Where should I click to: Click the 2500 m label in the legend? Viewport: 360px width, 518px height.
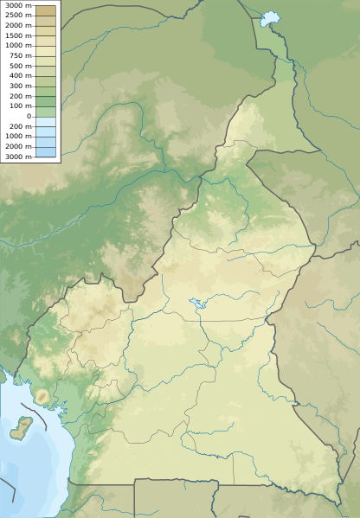(x=16, y=16)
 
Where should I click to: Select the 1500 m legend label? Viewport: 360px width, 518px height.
(x=16, y=35)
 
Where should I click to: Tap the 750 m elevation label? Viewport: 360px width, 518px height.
(x=20, y=55)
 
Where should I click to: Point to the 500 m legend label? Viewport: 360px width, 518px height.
(x=20, y=66)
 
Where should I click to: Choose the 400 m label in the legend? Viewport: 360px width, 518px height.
(x=20, y=75)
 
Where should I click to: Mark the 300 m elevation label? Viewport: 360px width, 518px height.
(x=20, y=86)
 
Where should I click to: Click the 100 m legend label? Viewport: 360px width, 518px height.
(x=20, y=106)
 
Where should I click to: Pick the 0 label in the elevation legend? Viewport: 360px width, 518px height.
(x=29, y=116)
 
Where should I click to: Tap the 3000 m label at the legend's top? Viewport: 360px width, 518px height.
(x=16, y=5)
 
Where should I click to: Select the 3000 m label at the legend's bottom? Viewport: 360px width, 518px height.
(x=16, y=156)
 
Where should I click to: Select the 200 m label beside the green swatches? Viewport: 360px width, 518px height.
(x=20, y=95)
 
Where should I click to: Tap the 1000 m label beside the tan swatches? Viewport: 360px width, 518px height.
(x=16, y=46)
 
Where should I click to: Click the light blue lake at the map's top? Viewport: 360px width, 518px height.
(x=271, y=17)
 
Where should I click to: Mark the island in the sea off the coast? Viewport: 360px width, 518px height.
(x=22, y=426)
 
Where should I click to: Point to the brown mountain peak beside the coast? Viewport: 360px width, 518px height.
(x=41, y=396)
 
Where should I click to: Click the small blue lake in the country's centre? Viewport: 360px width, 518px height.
(x=196, y=304)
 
